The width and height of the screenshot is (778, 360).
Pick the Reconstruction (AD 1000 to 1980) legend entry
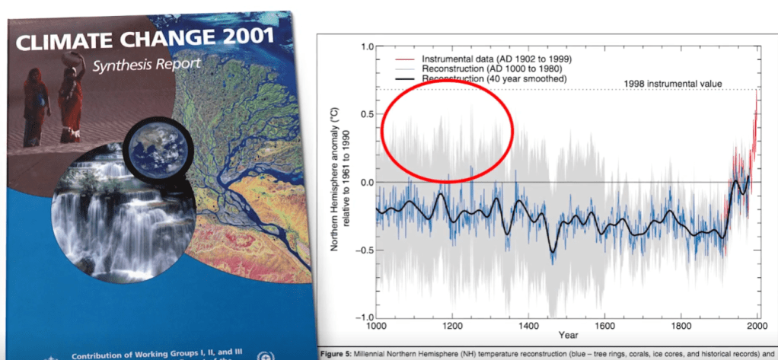tap(487, 68)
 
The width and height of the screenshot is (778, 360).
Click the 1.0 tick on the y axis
tap(365, 47)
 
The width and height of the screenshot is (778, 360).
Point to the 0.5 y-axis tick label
tap(365, 115)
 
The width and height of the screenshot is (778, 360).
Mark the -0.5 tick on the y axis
tap(364, 250)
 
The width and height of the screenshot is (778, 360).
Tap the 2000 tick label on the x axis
tap(757, 326)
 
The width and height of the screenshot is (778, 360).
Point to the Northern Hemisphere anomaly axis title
tap(339, 180)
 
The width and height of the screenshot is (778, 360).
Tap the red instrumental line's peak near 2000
tap(756, 93)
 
